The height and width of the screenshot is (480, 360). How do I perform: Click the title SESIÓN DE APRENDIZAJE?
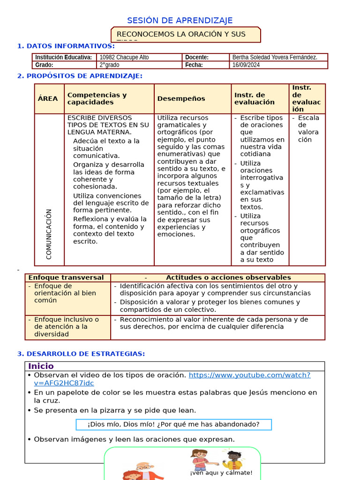pyautogui.click(x=180, y=21)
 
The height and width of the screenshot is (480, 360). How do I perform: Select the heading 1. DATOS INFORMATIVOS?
pyautogui.click(x=66, y=46)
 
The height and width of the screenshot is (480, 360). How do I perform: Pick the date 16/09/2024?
pyautogui.click(x=246, y=65)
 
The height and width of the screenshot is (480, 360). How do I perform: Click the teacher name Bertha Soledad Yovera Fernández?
pyautogui.click(x=275, y=57)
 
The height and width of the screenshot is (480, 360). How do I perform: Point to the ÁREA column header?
pyautogui.click(x=48, y=99)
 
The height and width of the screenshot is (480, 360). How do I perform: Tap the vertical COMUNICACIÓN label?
pyautogui.click(x=49, y=234)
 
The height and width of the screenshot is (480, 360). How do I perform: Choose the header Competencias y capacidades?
pyautogui.click(x=97, y=99)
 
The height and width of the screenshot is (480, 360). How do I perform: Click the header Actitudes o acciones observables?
pyautogui.click(x=228, y=277)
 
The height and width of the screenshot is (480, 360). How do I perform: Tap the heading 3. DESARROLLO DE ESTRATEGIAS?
pyautogui.click(x=81, y=354)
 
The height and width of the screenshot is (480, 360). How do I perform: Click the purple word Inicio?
pyautogui.click(x=41, y=366)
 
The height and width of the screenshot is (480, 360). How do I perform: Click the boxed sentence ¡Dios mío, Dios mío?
pyautogui.click(x=173, y=424)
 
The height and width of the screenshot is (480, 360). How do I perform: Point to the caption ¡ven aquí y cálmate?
pyautogui.click(x=221, y=472)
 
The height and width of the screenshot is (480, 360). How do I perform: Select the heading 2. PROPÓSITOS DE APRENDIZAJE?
pyautogui.click(x=80, y=76)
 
